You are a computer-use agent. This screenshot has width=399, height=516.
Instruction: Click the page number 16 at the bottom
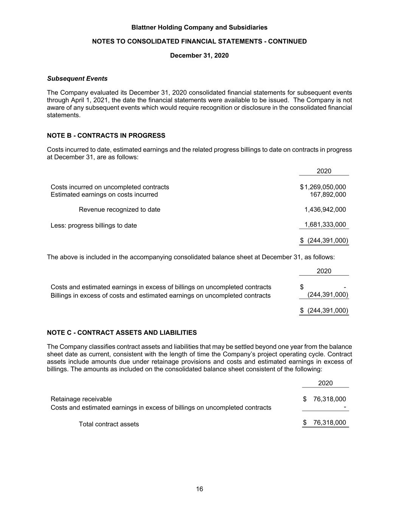(x=199, y=489)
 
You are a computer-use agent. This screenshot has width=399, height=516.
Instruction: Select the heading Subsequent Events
(x=77, y=79)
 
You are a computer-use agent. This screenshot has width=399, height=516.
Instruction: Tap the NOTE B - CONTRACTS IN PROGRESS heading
(x=106, y=135)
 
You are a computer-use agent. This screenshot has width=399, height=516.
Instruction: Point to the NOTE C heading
(x=122, y=333)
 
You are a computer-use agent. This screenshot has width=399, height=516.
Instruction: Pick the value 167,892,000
(x=328, y=195)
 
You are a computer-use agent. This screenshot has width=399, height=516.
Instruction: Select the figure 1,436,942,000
(x=325, y=209)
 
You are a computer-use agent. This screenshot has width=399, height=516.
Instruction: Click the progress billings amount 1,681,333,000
(x=325, y=225)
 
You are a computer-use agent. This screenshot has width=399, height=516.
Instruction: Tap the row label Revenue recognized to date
(x=120, y=209)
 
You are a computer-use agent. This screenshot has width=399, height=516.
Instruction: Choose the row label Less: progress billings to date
(x=94, y=226)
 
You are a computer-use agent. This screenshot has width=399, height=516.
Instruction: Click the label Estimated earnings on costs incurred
(x=104, y=195)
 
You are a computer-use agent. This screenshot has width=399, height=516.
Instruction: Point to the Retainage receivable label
(x=81, y=399)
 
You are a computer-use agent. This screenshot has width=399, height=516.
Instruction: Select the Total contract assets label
(x=109, y=424)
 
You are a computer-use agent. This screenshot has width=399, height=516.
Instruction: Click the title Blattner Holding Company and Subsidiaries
(x=199, y=28)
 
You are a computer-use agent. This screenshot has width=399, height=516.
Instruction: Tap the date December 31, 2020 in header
(x=199, y=56)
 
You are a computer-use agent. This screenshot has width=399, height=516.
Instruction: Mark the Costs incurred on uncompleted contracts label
(x=110, y=187)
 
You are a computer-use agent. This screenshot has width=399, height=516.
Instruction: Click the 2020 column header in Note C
(x=325, y=383)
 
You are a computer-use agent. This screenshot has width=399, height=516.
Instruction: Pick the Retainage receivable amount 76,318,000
(x=329, y=399)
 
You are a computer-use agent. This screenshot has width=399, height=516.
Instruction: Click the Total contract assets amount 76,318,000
(x=329, y=423)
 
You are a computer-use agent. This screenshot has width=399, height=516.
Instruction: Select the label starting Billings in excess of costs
(x=161, y=296)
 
